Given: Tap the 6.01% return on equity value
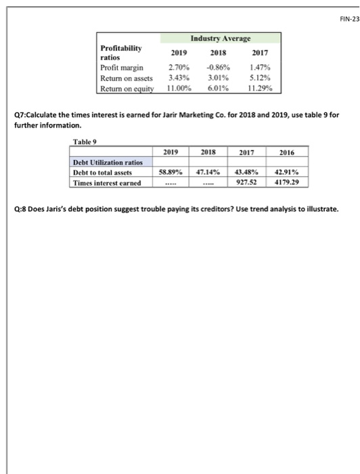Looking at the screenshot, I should point(218,88).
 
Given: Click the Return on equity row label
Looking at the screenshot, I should point(127,88).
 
